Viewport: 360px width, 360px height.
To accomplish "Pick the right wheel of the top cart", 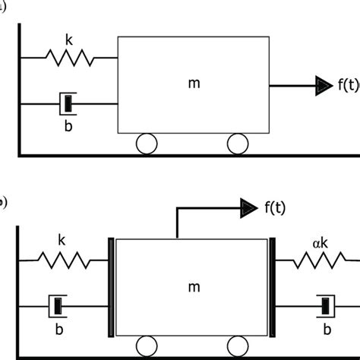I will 238,142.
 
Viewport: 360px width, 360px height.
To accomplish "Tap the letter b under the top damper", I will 68,119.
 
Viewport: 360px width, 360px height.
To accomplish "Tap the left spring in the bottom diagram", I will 64,261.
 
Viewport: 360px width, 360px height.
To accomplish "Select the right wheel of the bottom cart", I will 238,346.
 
